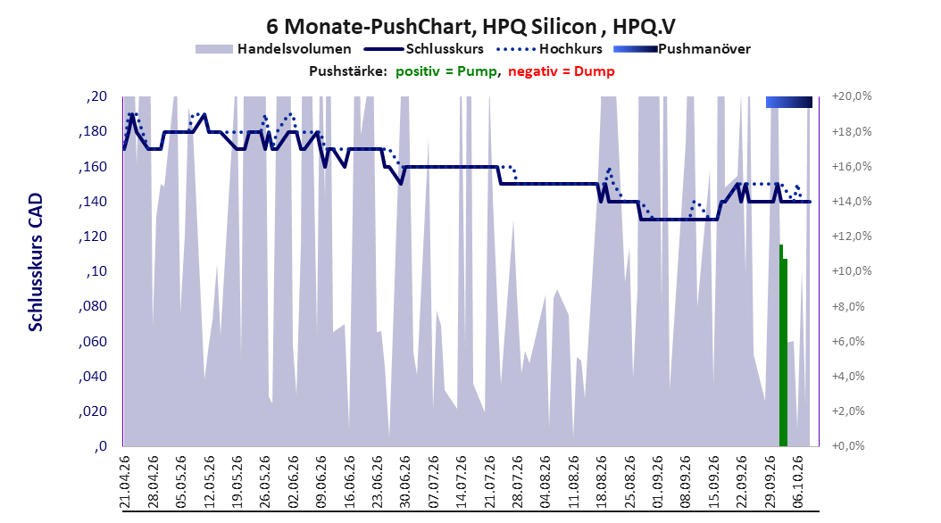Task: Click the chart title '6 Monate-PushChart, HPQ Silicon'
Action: pyautogui.click(x=431, y=27)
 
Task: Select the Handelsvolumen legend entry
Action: pyautogui.click(x=274, y=49)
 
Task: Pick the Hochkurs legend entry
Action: pyautogui.click(x=550, y=49)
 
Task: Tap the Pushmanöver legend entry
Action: pyautogui.click(x=682, y=49)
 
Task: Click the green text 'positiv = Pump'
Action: pyautogui.click(x=446, y=71)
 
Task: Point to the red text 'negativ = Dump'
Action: pyautogui.click(x=562, y=71)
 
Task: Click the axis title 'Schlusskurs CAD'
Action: pyautogui.click(x=36, y=262)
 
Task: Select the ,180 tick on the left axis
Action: pyautogui.click(x=93, y=131)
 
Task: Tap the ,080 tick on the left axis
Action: pyautogui.click(x=93, y=306)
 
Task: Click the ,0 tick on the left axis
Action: pyautogui.click(x=100, y=446)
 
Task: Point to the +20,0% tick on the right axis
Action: pyautogui.click(x=852, y=96)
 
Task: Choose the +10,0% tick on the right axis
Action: pyautogui.click(x=852, y=271)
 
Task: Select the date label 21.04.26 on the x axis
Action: pyautogui.click(x=125, y=482)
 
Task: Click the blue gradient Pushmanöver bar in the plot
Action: pyautogui.click(x=788, y=102)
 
